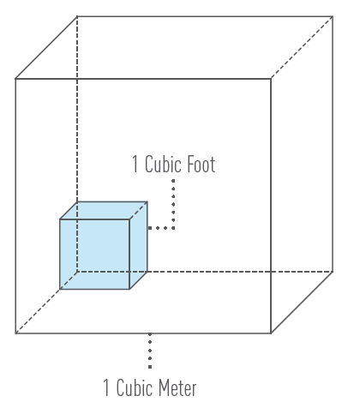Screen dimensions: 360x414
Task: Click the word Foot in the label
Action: pos(197,165)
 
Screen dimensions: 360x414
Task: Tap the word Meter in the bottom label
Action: pos(177,387)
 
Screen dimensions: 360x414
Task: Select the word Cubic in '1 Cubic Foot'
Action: pos(159,165)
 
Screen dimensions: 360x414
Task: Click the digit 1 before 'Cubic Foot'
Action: pos(135,165)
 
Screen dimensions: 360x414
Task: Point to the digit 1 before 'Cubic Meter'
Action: pos(106,387)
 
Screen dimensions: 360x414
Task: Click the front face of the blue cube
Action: pos(94,255)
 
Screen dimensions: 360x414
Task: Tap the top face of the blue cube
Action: pos(104,211)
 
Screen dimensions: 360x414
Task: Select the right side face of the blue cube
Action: pos(139,245)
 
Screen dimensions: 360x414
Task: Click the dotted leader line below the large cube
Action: pos(150,351)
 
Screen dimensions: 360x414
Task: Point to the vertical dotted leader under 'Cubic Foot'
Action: pos(173,204)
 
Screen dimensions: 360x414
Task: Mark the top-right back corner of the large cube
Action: pos(333,16)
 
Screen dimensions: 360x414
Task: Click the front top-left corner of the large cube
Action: pos(15,79)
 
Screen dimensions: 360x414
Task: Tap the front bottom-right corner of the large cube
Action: pos(271,333)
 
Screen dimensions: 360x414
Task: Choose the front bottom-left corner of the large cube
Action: pos(15,333)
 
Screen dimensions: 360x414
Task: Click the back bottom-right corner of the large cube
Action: pos(333,272)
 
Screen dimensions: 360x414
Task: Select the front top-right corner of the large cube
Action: pos(271,79)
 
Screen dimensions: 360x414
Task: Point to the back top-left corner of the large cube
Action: pos(77,16)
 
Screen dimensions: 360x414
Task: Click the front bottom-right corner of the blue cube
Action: pos(129,289)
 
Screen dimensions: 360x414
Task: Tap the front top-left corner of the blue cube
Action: pos(60,219)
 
